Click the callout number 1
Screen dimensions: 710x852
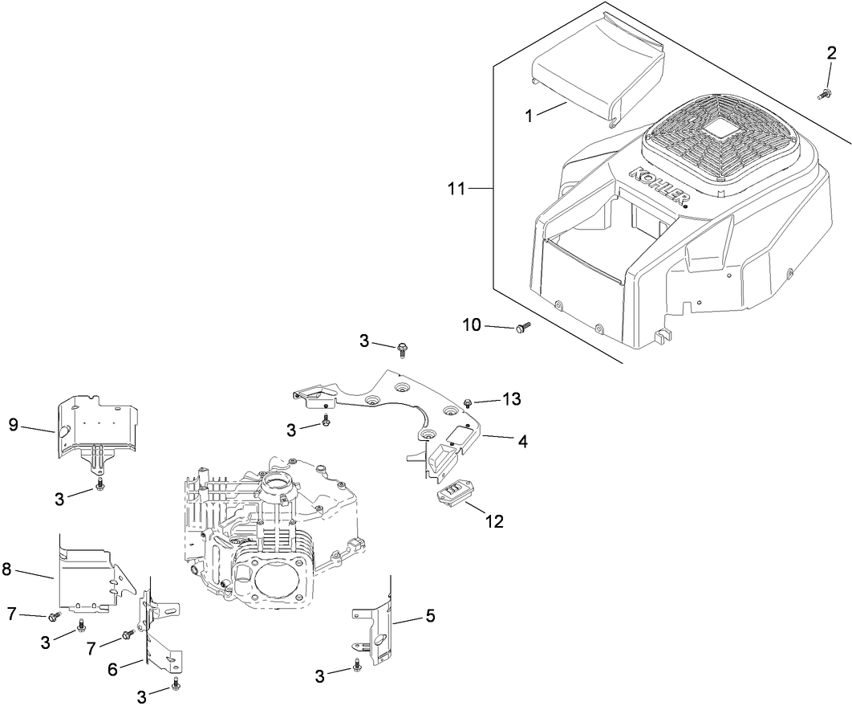[x=529, y=116]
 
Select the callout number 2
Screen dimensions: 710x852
[x=832, y=54]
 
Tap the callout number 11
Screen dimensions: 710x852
[x=456, y=189]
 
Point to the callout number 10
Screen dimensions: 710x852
[x=472, y=324]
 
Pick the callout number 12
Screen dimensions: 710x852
[x=493, y=521]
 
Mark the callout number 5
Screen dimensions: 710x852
[x=430, y=616]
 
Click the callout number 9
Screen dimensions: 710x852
[x=14, y=425]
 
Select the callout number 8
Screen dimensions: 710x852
[x=7, y=569]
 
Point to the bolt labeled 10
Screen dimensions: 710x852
[x=524, y=327]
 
